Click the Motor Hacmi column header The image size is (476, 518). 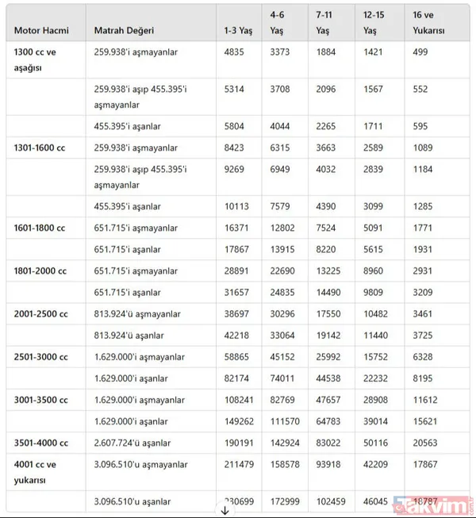click(x=41, y=31)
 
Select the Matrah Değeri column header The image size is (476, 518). click(x=124, y=31)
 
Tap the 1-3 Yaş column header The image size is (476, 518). click(x=240, y=31)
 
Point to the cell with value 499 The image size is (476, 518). click(x=420, y=52)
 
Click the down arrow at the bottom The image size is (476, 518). click(x=225, y=510)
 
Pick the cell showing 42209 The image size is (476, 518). click(x=377, y=465)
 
